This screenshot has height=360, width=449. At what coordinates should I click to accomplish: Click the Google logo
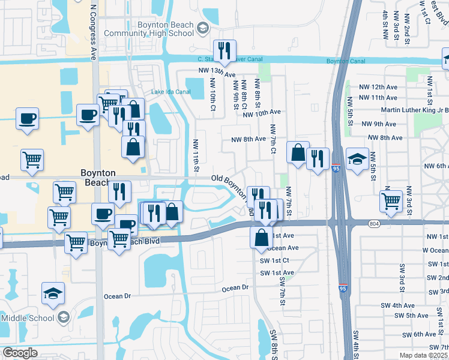tap(20, 353)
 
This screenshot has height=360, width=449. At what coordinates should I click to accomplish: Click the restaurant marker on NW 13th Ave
tap(224, 51)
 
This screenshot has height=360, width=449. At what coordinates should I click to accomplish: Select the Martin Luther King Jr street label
tap(415, 110)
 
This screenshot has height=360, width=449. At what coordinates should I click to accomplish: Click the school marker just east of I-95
tap(357, 159)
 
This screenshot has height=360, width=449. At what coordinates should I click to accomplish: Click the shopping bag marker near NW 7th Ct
tap(298, 152)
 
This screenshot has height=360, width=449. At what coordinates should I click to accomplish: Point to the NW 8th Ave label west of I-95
tap(249, 139)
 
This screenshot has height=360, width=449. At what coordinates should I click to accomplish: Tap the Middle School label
tap(27, 317)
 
